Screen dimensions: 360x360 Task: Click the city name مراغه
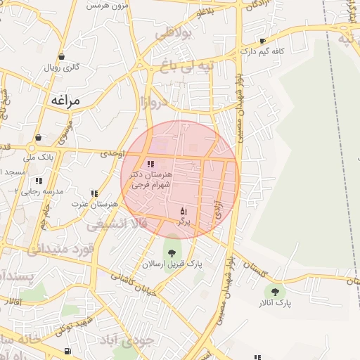(x=65, y=101)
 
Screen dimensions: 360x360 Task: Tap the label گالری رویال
(x=62, y=68)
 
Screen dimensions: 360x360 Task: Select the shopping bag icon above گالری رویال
(x=62, y=57)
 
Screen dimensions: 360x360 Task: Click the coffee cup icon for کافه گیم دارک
(x=263, y=41)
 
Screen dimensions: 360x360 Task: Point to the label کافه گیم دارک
(x=261, y=51)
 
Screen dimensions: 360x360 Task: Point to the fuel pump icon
(x=67, y=352)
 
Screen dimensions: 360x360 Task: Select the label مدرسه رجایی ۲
(x=40, y=191)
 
